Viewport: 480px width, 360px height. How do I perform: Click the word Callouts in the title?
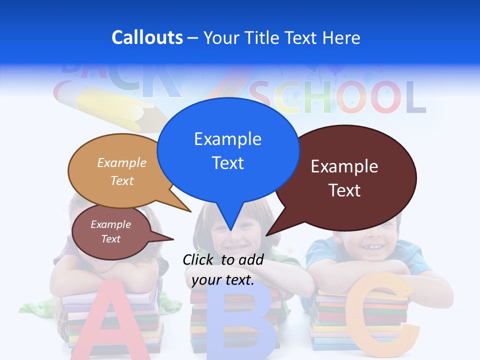click(x=147, y=38)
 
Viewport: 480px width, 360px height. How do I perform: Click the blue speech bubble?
click(x=228, y=150)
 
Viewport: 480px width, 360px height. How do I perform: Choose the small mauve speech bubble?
click(x=111, y=232)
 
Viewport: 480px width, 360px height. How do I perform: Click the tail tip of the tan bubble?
click(x=190, y=211)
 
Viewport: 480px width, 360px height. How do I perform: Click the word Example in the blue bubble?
click(x=227, y=139)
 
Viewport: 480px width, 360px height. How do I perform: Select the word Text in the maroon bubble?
click(x=344, y=190)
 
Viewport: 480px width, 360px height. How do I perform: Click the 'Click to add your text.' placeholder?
click(x=223, y=269)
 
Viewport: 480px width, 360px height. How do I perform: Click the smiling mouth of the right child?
click(x=369, y=246)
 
